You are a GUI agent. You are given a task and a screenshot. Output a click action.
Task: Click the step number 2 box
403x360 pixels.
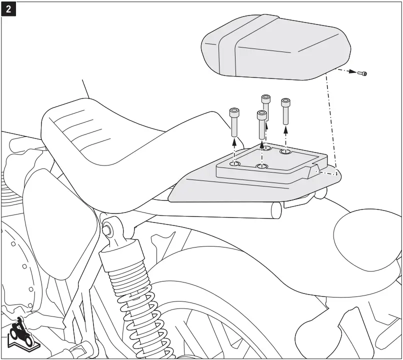click(x=8, y=8)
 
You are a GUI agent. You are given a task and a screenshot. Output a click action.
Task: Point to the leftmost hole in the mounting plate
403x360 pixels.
click(x=234, y=163)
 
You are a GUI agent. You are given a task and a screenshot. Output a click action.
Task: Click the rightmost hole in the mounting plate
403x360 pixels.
click(x=285, y=151)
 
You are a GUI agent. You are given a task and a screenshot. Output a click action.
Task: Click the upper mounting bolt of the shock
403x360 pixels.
click(x=106, y=229)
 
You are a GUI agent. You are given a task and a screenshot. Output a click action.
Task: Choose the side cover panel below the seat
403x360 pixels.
click(x=60, y=210)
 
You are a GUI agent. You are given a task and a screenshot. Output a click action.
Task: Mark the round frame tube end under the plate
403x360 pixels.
click(x=275, y=210)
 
